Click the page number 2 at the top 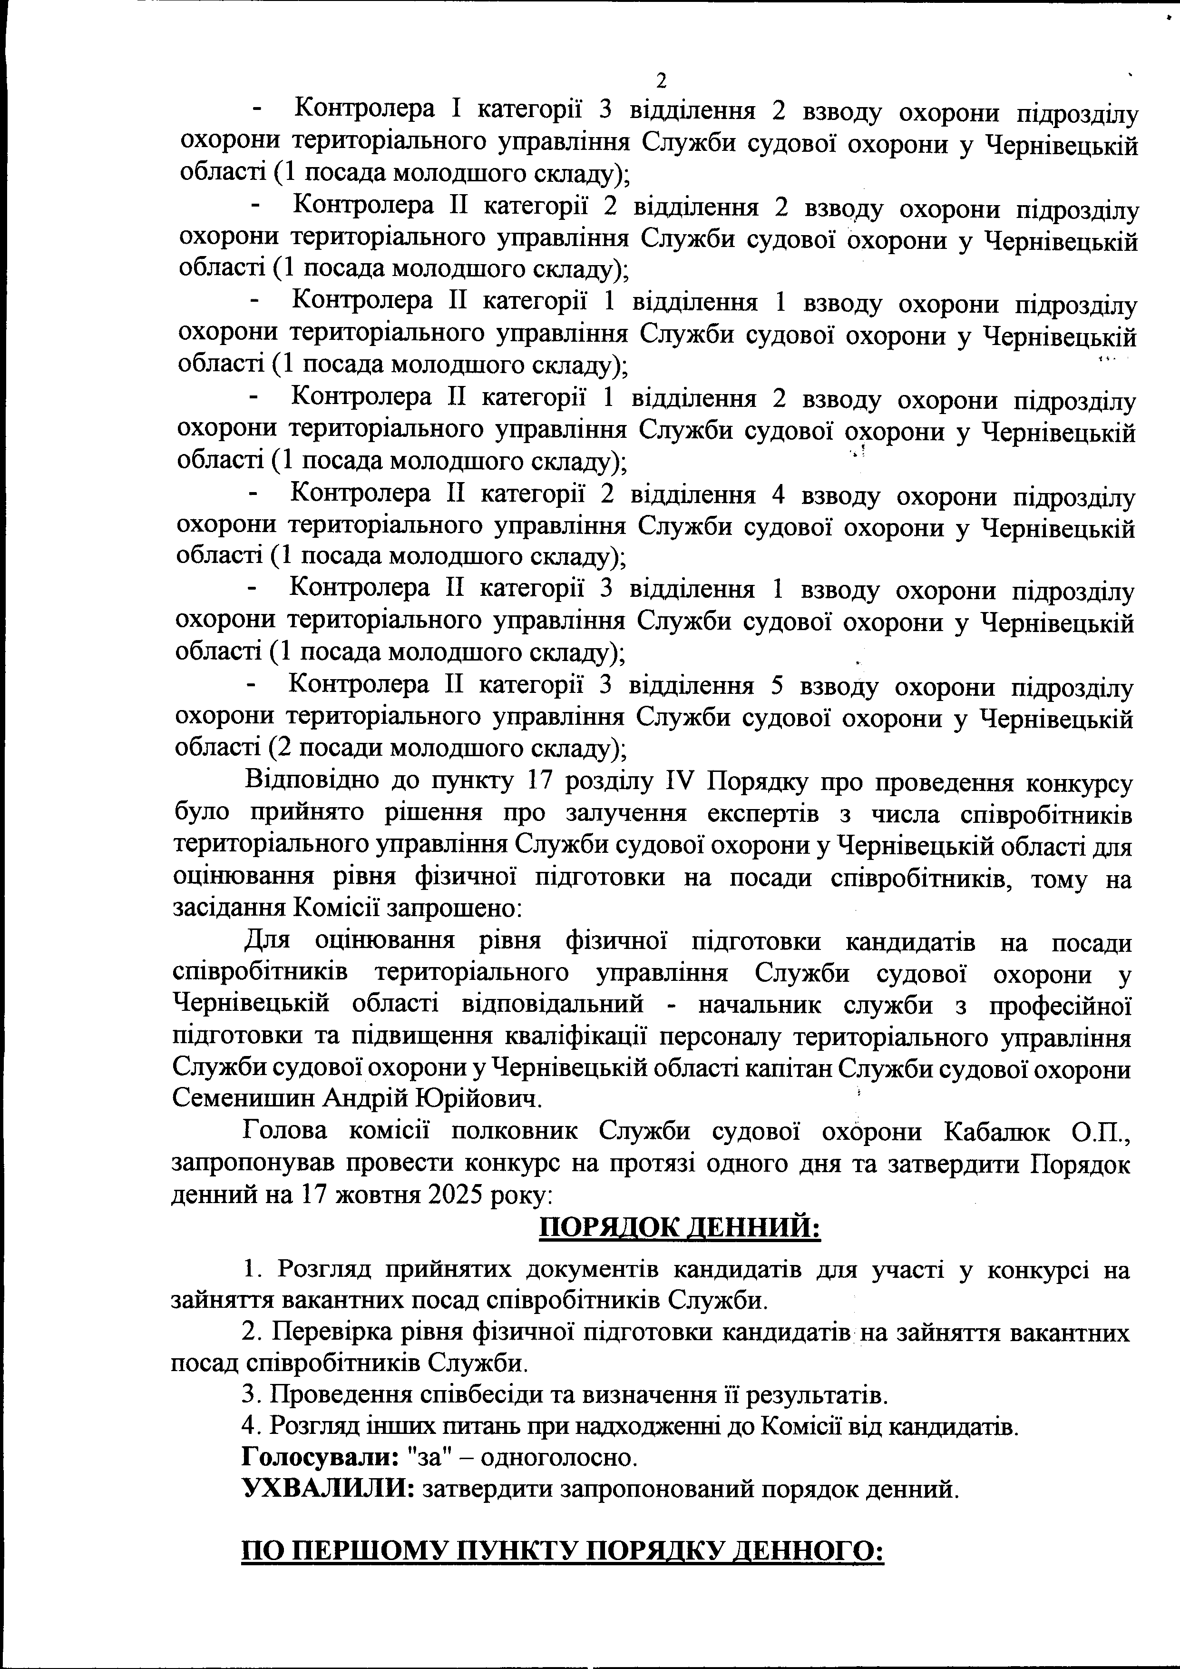pos(661,80)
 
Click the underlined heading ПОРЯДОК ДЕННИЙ pos(679,1228)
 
